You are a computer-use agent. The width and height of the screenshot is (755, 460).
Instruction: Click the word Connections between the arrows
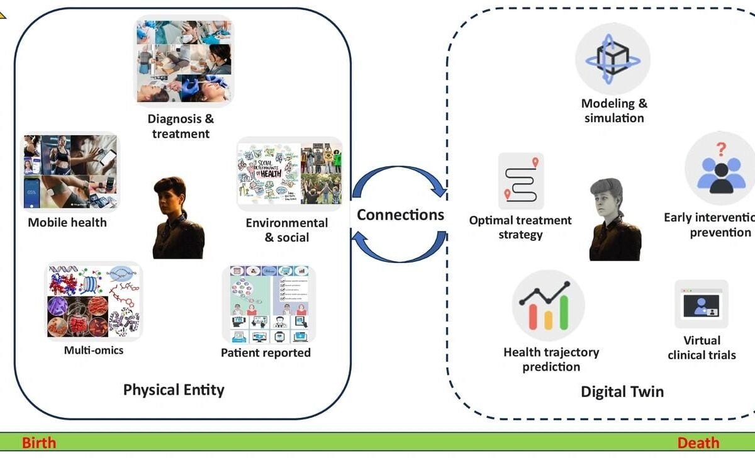point(400,215)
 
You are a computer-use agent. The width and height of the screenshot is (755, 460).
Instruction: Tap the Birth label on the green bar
point(39,442)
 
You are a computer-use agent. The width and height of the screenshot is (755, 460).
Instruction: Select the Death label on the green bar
point(698,442)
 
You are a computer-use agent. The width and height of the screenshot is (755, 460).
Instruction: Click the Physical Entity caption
point(174,390)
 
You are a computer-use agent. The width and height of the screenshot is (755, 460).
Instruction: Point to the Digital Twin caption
point(622,391)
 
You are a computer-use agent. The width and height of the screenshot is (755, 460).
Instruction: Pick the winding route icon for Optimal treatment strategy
point(521,181)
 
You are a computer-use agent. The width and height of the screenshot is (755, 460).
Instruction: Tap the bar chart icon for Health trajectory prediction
point(548,305)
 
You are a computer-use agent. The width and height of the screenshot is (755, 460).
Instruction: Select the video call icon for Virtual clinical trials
point(701,305)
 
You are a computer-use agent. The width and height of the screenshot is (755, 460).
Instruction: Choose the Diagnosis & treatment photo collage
point(184,61)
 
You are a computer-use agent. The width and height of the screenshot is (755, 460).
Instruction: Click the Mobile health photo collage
point(70,172)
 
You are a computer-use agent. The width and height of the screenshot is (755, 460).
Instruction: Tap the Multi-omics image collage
point(94,301)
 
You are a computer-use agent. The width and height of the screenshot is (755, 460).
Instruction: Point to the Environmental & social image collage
point(289,174)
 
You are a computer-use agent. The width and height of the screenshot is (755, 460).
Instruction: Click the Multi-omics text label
point(94,350)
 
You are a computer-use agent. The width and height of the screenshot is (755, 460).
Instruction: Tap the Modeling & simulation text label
point(614,111)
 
